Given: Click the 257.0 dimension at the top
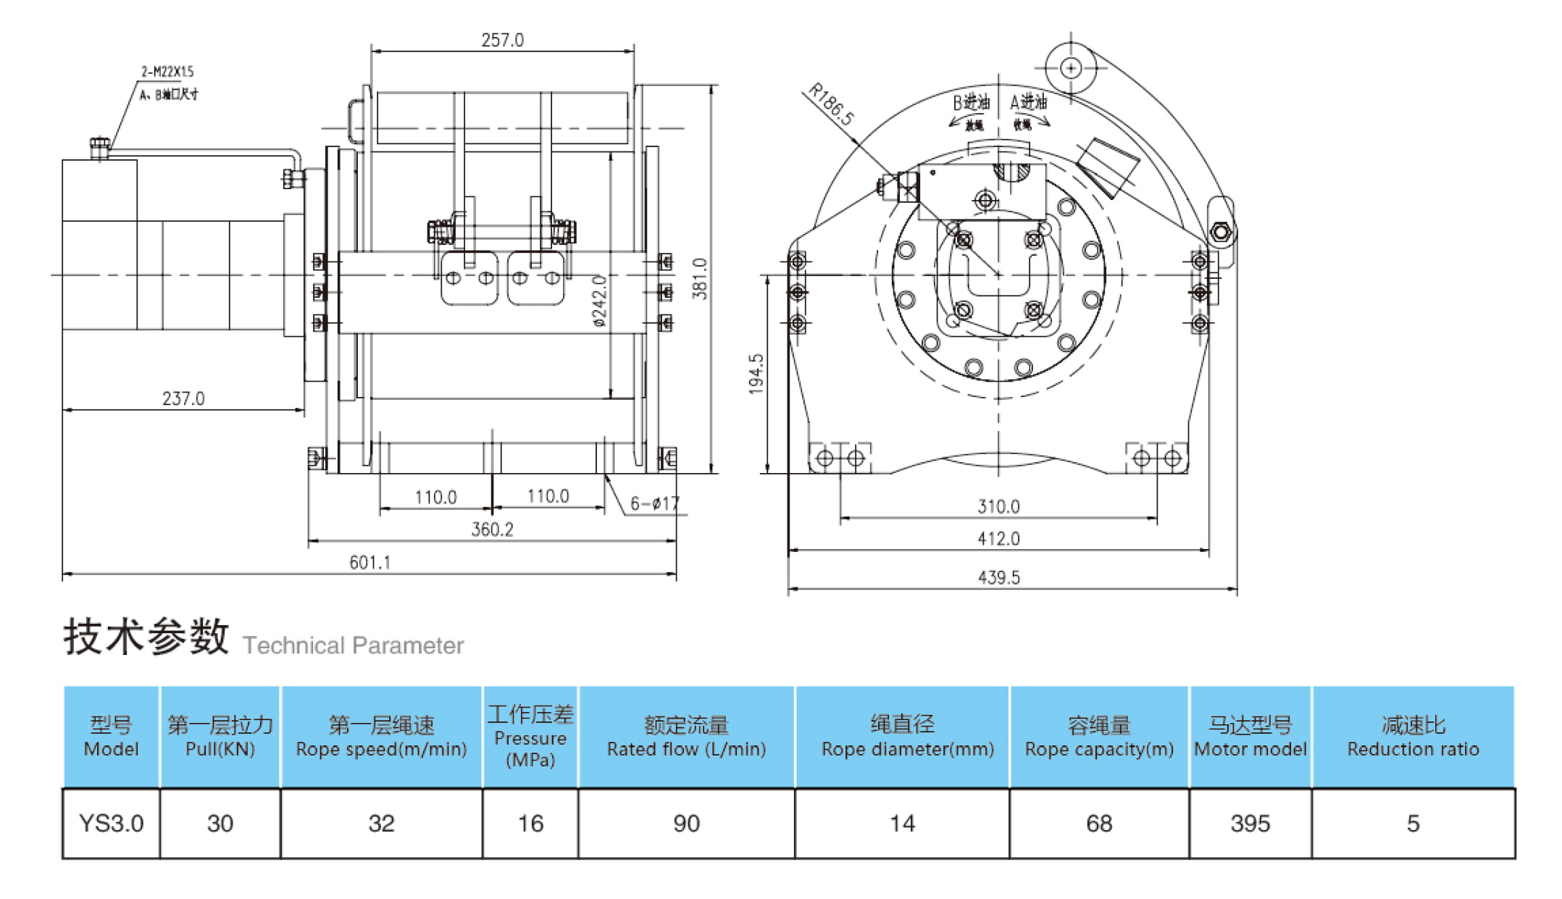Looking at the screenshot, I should click(502, 41).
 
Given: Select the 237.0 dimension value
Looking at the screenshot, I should click(183, 398).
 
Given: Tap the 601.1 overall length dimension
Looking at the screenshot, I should click(369, 563).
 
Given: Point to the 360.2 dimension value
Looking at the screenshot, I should click(492, 530).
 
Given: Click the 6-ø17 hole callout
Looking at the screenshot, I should click(654, 503).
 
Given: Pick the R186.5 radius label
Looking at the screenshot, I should click(831, 104).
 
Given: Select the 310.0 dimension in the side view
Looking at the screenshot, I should click(998, 506).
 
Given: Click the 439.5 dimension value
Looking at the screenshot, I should click(998, 577).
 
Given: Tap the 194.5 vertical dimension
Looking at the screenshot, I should click(756, 374).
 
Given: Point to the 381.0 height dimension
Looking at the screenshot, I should click(700, 278).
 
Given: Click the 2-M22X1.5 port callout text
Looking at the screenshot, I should click(167, 72).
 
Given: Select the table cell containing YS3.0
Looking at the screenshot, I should click(111, 824).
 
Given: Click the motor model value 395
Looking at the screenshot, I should click(1250, 824).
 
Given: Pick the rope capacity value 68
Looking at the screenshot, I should click(1098, 824).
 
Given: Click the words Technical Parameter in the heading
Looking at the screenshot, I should click(353, 645).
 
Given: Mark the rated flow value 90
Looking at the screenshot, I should click(686, 824).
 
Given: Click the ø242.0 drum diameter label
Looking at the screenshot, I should click(600, 301).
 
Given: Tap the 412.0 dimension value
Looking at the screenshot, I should click(998, 539).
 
